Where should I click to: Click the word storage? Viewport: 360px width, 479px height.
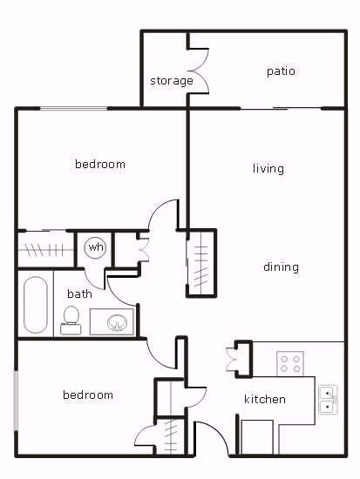171,81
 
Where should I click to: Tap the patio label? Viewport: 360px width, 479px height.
281,71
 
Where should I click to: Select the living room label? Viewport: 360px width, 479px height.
268,169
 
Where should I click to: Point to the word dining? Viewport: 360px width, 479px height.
281,267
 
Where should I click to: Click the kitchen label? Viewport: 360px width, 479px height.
264,400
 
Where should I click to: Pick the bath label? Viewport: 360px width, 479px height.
79,294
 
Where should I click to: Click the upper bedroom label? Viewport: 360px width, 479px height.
99,165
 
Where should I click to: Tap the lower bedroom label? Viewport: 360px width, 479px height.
88,395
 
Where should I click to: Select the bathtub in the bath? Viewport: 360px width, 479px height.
36,305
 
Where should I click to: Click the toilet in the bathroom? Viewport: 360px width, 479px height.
71,320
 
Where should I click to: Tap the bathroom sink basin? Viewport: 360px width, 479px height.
115,323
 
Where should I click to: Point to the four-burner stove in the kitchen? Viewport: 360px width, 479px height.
289,362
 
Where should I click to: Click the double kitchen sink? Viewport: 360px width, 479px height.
328,399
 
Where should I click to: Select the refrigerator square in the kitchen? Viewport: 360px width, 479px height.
257,436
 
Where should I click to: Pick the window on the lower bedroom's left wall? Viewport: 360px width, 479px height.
16,400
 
